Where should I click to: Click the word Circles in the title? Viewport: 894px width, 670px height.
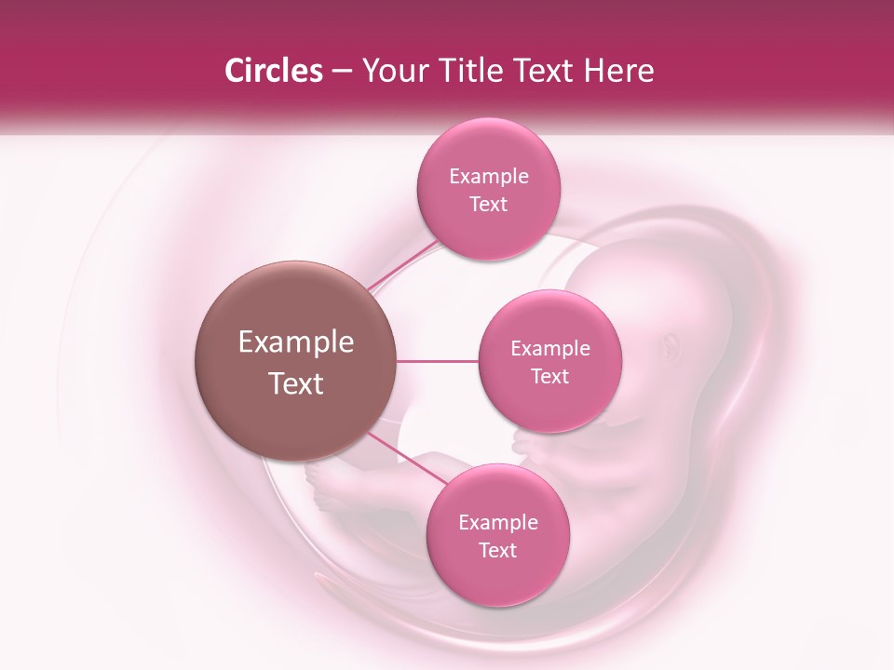click(x=273, y=71)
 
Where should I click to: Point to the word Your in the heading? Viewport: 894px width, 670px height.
click(x=391, y=72)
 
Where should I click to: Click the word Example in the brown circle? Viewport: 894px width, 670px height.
click(x=296, y=342)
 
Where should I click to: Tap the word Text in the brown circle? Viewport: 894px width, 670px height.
click(x=296, y=383)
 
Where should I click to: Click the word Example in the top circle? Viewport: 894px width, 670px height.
click(x=489, y=177)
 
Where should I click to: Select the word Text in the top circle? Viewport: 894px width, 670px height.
click(x=489, y=205)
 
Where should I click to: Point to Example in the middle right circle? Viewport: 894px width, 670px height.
click(x=550, y=349)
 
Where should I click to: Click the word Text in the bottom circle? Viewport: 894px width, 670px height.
click(x=497, y=551)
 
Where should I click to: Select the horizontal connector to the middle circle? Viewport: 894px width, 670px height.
click(x=438, y=361)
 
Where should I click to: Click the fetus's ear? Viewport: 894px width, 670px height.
click(x=672, y=346)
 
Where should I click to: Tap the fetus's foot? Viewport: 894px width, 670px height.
click(x=325, y=485)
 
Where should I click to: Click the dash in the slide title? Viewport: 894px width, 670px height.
click(x=341, y=72)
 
